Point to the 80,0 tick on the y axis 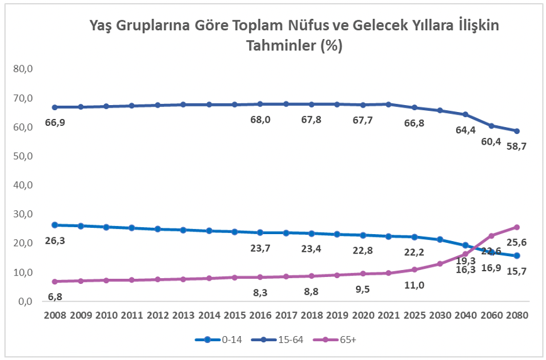point(23,69)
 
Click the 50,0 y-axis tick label point(23,156)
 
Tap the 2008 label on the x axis point(55,315)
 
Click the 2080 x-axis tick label point(516,315)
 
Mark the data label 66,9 point(55,122)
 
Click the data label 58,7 point(516,146)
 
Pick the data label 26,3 point(55,240)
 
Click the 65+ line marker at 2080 point(516,227)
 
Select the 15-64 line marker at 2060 point(490,126)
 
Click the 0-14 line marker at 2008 point(55,225)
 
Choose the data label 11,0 point(415,285)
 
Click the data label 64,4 point(465,130)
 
